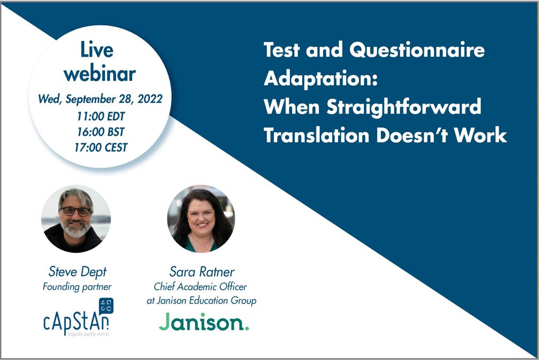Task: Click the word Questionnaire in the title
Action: pyautogui.click(x=417, y=50)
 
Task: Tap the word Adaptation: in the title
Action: pyautogui.click(x=321, y=79)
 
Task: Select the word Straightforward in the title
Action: pyautogui.click(x=404, y=107)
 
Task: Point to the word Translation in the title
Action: pyautogui.click(x=316, y=135)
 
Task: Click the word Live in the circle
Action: pyautogui.click(x=97, y=50)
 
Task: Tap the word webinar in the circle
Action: pyautogui.click(x=100, y=74)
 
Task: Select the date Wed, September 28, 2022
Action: pyautogui.click(x=100, y=99)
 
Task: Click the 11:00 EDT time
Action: pyautogui.click(x=101, y=116)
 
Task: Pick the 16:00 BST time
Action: pyautogui.click(x=101, y=132)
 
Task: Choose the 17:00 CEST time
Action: pyautogui.click(x=101, y=148)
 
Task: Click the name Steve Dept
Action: pyautogui.click(x=78, y=272)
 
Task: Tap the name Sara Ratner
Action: pyautogui.click(x=202, y=272)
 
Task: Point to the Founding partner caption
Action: pyautogui.click(x=77, y=287)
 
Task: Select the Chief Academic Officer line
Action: pyautogui.click(x=200, y=287)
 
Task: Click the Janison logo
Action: pyautogui.click(x=204, y=322)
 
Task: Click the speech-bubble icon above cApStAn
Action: pyautogui.click(x=106, y=306)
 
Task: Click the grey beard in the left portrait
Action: pyautogui.click(x=75, y=229)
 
